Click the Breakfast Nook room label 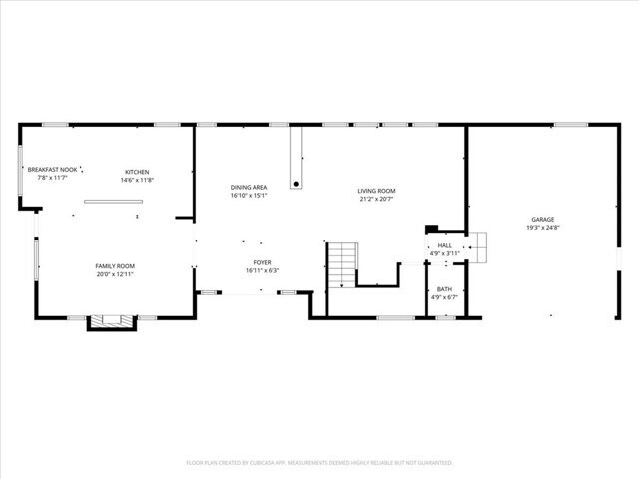(52, 170)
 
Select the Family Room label (115, 266)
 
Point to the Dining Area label (248, 187)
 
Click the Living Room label (377, 191)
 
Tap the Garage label (542, 219)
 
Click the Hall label (444, 245)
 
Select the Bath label (444, 288)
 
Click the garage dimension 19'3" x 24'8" (542, 228)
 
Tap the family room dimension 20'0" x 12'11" (115, 274)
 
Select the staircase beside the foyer (342, 264)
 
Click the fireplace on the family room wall (110, 322)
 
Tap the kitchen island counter (113, 202)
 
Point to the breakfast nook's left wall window (21, 170)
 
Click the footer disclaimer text (319, 462)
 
